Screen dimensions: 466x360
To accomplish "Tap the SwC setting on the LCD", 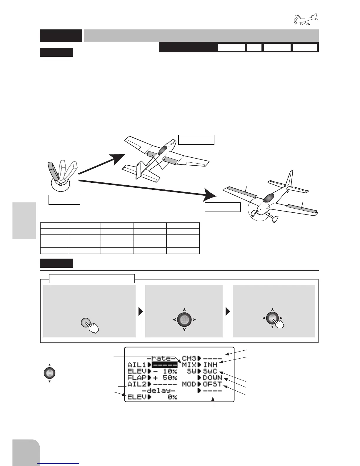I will tap(210, 372).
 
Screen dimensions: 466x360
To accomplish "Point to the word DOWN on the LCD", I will tap(212, 378).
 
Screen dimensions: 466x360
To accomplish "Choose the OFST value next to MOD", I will tap(212, 384).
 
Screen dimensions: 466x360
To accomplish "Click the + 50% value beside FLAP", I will tap(165, 378).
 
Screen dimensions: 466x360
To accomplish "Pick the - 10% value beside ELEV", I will tap(165, 371).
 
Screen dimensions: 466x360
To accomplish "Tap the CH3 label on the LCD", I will tap(189, 359).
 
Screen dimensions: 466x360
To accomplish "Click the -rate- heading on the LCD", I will tap(160, 359).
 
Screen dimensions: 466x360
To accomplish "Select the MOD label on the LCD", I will tap(189, 384).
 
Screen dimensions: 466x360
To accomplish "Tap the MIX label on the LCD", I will tap(189, 365).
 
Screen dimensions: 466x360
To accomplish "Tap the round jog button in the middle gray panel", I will tap(184, 319).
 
